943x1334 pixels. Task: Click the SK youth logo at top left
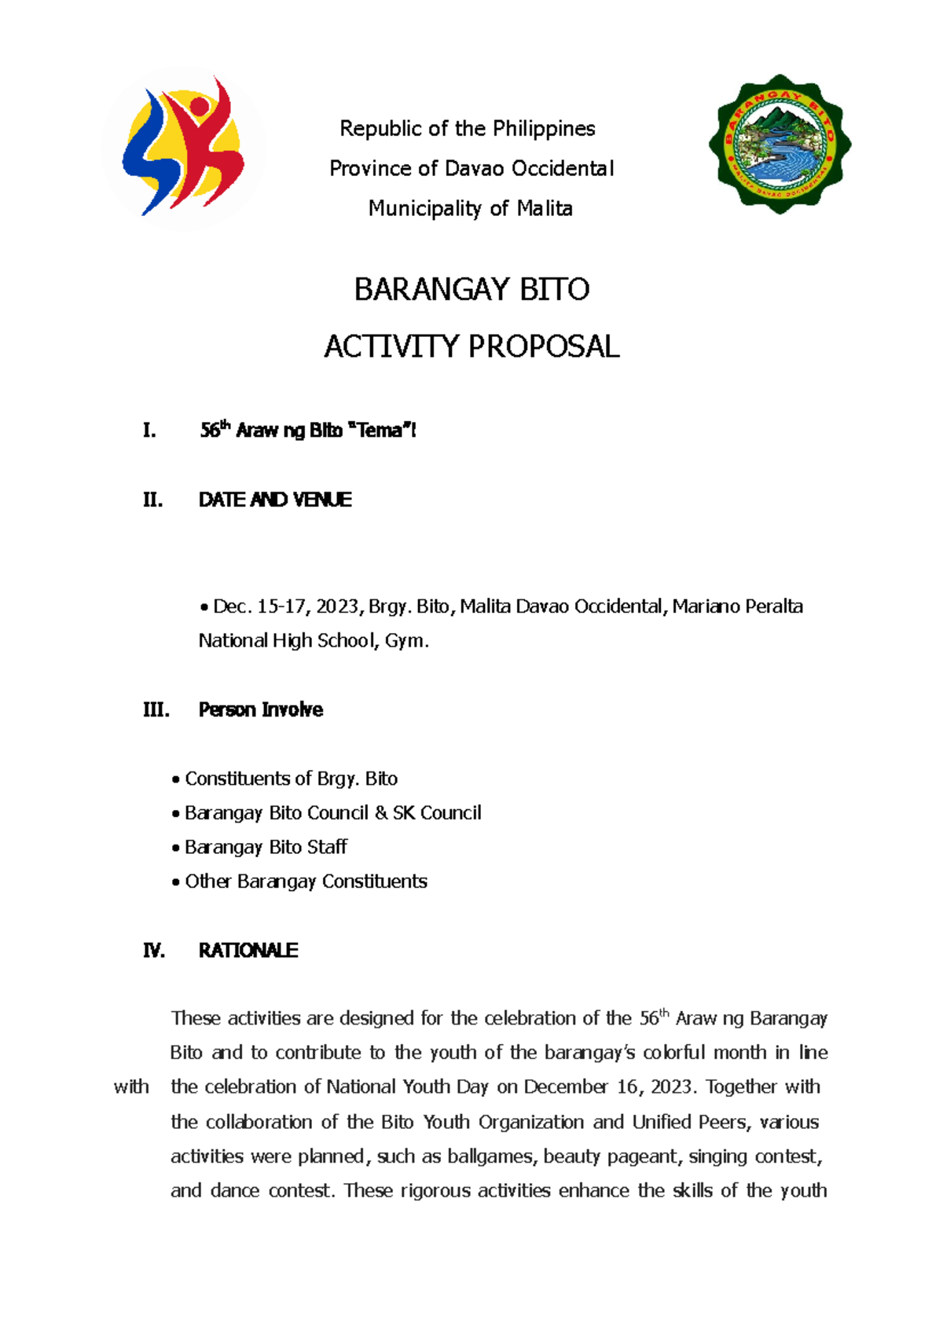coord(183,148)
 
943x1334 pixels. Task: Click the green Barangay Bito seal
coord(780,145)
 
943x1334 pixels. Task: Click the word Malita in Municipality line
coord(545,209)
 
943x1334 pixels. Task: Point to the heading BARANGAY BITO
coord(472,290)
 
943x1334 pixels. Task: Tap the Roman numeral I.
coord(149,431)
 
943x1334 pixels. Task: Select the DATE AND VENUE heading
coord(275,500)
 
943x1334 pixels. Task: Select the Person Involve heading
coord(260,710)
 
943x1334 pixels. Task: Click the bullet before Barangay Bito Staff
coord(176,848)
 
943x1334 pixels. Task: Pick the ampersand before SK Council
coord(381,813)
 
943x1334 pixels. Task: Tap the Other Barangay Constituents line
coord(306,882)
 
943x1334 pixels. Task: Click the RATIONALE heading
coord(248,951)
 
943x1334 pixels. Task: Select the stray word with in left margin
coord(131,1087)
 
